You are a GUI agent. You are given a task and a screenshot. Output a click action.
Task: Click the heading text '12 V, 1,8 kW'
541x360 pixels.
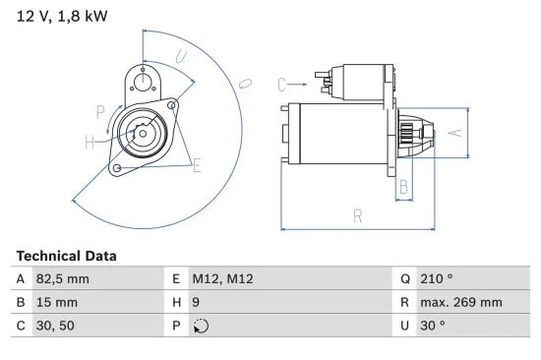(x=59, y=17)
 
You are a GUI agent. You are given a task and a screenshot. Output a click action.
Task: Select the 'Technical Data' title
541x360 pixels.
(x=66, y=256)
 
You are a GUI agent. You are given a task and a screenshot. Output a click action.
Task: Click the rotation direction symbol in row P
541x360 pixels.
(x=203, y=326)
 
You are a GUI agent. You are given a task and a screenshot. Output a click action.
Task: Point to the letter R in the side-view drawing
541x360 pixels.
(x=359, y=216)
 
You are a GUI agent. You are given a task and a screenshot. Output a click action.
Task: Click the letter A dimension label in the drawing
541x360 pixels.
(x=453, y=131)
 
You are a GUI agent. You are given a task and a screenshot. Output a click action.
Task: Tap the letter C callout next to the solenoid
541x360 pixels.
(x=281, y=84)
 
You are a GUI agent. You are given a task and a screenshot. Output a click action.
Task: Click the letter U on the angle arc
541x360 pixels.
(x=181, y=58)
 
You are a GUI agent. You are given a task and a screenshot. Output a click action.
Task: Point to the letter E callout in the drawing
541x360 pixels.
(x=197, y=165)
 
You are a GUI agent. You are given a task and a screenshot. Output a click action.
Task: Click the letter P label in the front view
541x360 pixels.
(x=101, y=111)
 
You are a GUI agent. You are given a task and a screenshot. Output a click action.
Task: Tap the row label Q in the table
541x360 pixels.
(x=404, y=279)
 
